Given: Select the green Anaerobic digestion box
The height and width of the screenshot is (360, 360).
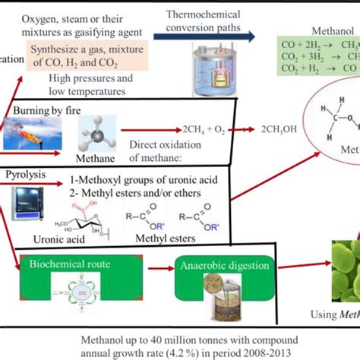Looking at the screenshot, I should click(215, 266).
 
